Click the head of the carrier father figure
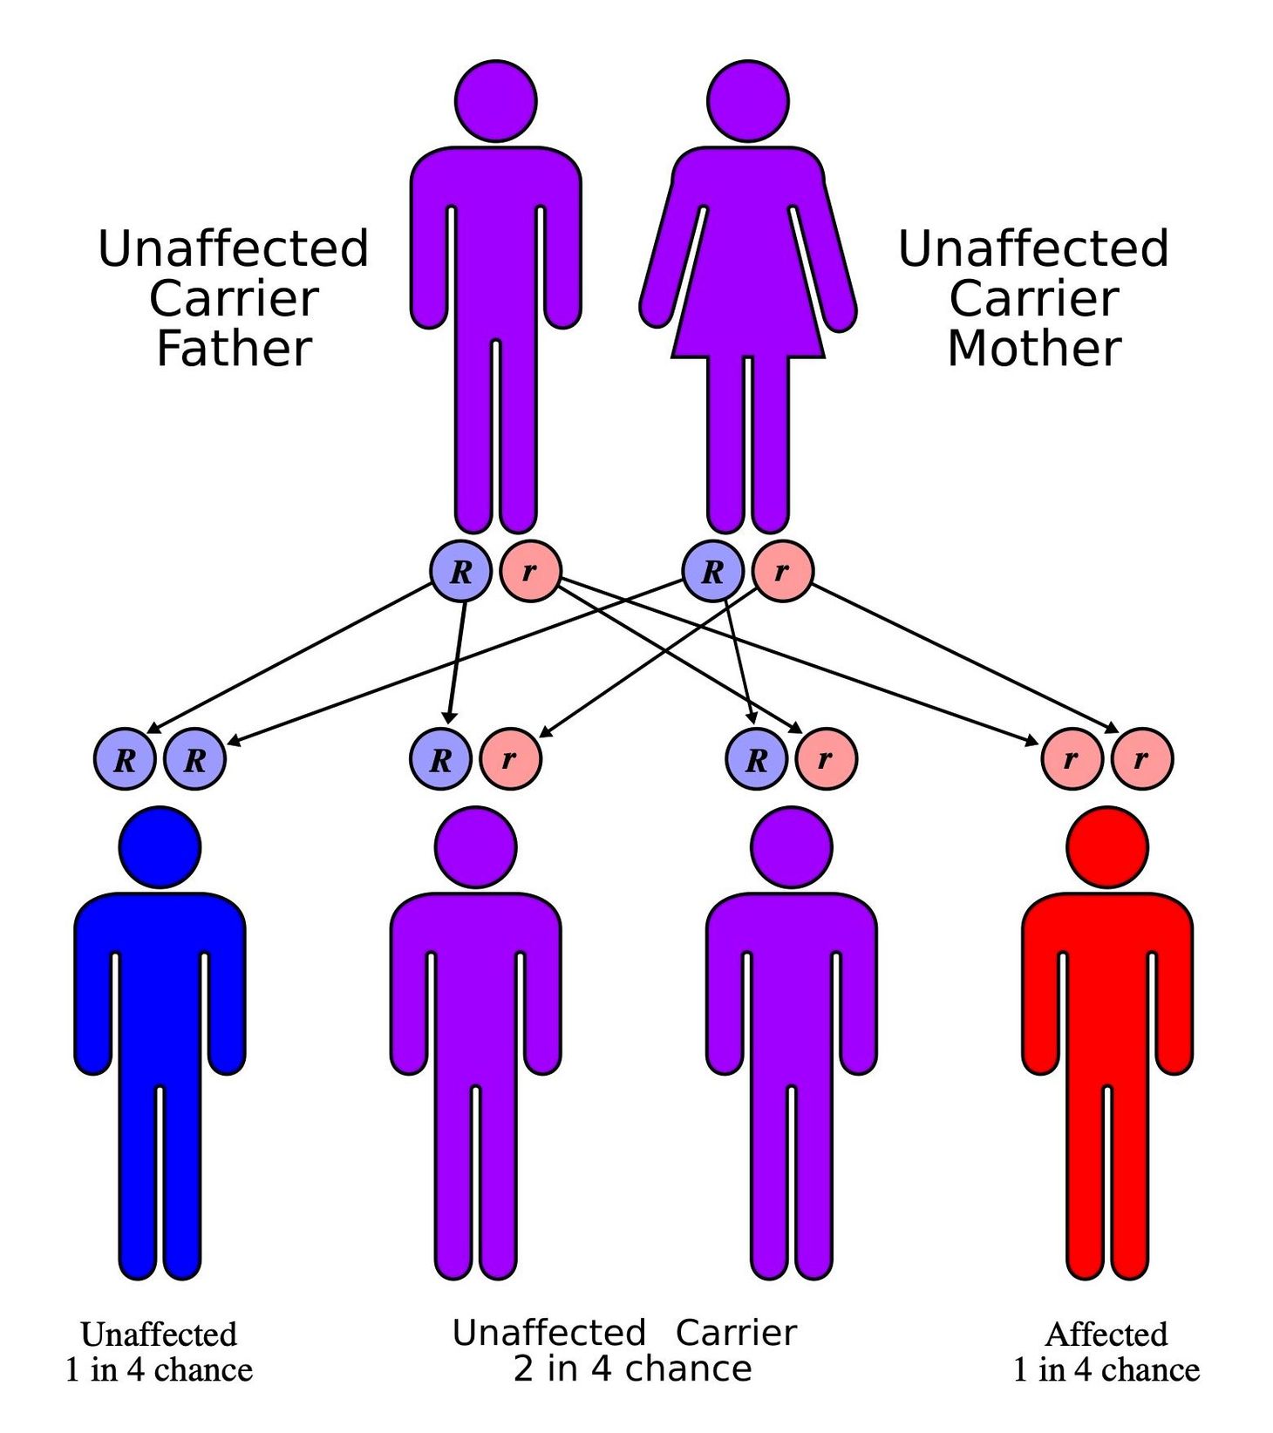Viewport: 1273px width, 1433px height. pos(495,101)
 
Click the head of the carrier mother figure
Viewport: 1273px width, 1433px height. pos(748,101)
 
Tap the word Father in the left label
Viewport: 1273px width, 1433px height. pos(234,349)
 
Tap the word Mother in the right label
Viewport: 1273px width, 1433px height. pos(1034,349)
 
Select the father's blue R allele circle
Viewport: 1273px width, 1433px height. pos(460,572)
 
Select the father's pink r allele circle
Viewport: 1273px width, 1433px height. pos(529,572)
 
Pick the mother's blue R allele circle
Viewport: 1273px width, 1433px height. pos(712,572)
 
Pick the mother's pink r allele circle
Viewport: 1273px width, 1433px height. pos(782,572)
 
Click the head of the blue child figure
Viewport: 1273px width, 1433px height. pos(160,847)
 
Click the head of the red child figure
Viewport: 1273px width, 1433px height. pos(1107,847)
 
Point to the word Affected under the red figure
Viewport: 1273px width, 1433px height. pos(1106,1335)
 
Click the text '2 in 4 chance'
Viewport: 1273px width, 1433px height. pos(632,1368)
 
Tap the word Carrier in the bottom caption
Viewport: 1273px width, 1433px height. pos(736,1333)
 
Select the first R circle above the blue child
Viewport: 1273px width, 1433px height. pos(125,759)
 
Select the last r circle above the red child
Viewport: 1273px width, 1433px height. pos(1141,759)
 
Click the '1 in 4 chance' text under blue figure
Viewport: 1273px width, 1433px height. pos(159,1370)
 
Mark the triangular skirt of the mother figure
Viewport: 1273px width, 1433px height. pos(748,305)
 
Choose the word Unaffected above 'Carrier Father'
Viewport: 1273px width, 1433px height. pos(234,248)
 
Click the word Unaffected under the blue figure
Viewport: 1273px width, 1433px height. pos(159,1335)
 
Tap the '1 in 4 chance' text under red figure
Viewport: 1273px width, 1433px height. pos(1106,1370)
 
